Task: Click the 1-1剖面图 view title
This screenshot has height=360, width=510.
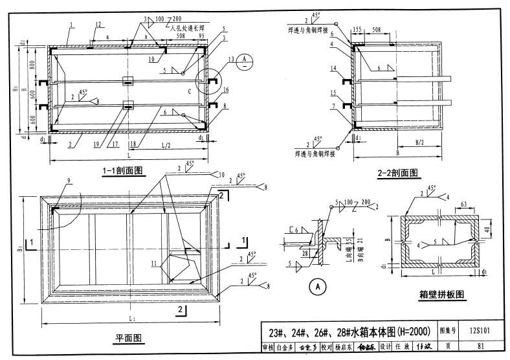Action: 122,171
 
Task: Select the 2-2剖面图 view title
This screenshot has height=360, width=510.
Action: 397,173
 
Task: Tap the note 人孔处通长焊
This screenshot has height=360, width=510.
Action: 190,28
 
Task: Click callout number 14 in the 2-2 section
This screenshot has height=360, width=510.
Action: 333,69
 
